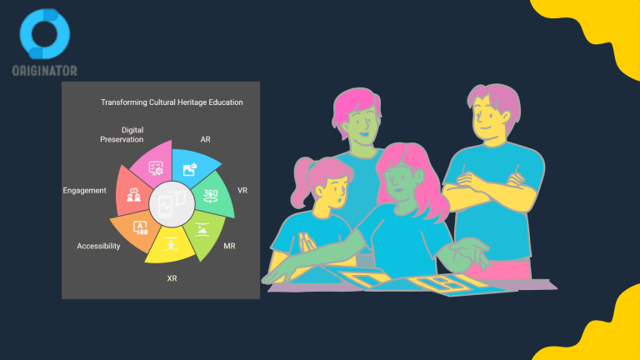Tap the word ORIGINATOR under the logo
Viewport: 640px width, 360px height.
coord(44,71)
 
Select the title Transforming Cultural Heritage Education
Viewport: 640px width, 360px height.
coord(172,102)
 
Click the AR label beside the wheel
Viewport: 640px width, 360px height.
coord(205,140)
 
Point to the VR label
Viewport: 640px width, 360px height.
coord(242,191)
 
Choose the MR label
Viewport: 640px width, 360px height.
coord(229,246)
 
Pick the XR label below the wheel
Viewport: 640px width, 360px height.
coord(172,278)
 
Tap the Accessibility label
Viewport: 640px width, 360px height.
coord(98,246)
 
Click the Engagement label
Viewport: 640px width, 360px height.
coord(84,191)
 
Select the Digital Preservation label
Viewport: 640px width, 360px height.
coord(122,135)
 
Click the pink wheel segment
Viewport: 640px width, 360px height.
coord(155,165)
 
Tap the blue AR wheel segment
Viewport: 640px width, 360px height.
coord(192,167)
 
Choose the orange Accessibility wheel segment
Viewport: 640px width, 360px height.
coord(135,229)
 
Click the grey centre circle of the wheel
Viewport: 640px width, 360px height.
coord(172,204)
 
